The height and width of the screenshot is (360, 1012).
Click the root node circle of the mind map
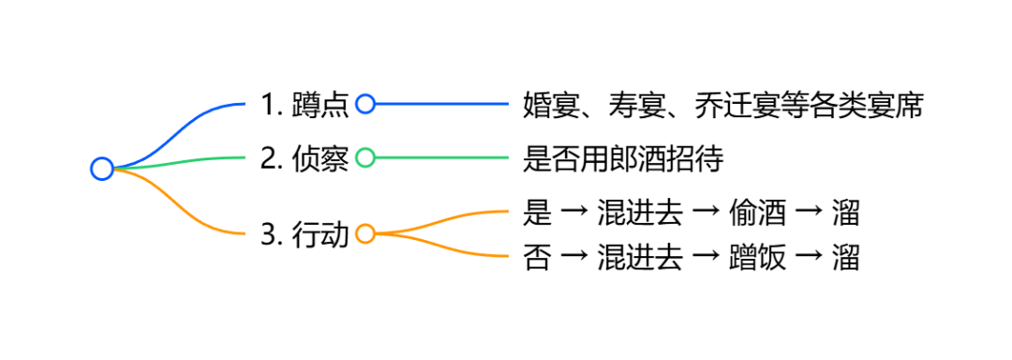tap(102, 169)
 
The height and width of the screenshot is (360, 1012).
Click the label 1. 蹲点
tap(305, 105)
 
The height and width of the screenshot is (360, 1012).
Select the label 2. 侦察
tap(305, 158)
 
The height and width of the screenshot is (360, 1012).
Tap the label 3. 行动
tap(305, 233)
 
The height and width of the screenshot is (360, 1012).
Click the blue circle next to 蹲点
tap(365, 104)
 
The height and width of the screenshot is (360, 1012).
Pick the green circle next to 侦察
tap(365, 157)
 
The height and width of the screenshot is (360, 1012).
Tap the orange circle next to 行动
tap(365, 233)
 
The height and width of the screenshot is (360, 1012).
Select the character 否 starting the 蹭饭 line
tap(537, 256)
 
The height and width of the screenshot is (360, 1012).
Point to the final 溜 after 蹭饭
tap(846, 256)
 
